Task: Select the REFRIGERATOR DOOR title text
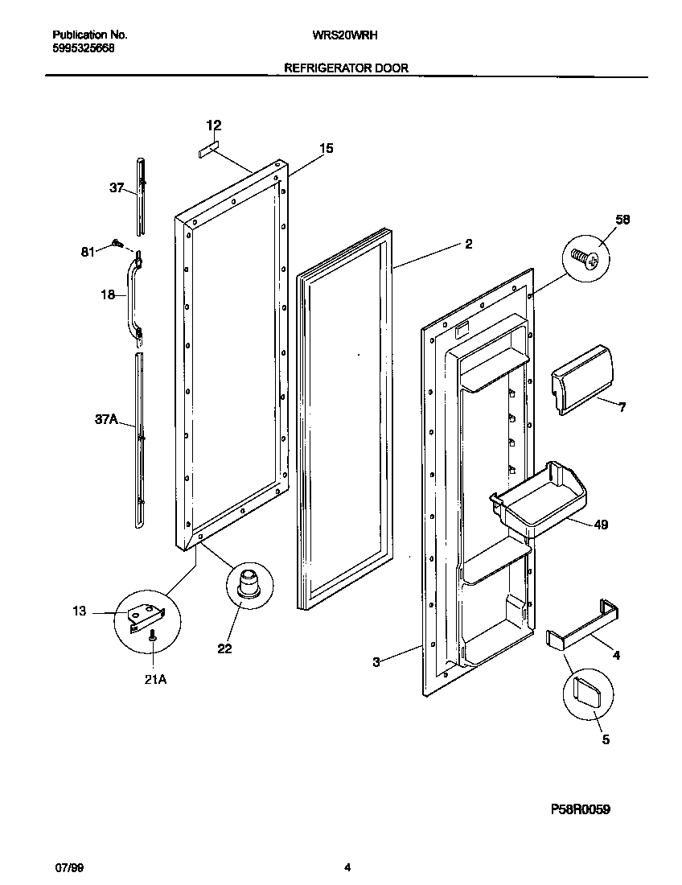click(x=346, y=68)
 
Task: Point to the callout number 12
click(x=214, y=126)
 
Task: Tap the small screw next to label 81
click(x=117, y=242)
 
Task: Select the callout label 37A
click(x=107, y=419)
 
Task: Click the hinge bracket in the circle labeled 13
click(x=148, y=616)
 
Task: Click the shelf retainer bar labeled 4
click(x=585, y=624)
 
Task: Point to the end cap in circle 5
click(x=590, y=691)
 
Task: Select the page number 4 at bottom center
click(x=347, y=867)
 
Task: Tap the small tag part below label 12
click(x=208, y=150)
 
